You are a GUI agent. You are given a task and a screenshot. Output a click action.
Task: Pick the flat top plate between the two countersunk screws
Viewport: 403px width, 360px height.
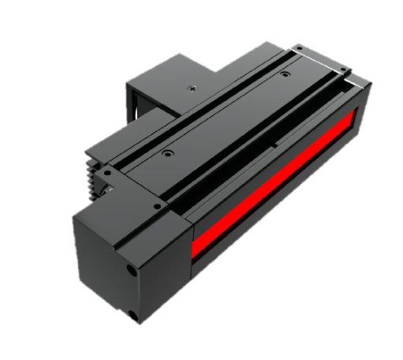(x=229, y=111)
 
